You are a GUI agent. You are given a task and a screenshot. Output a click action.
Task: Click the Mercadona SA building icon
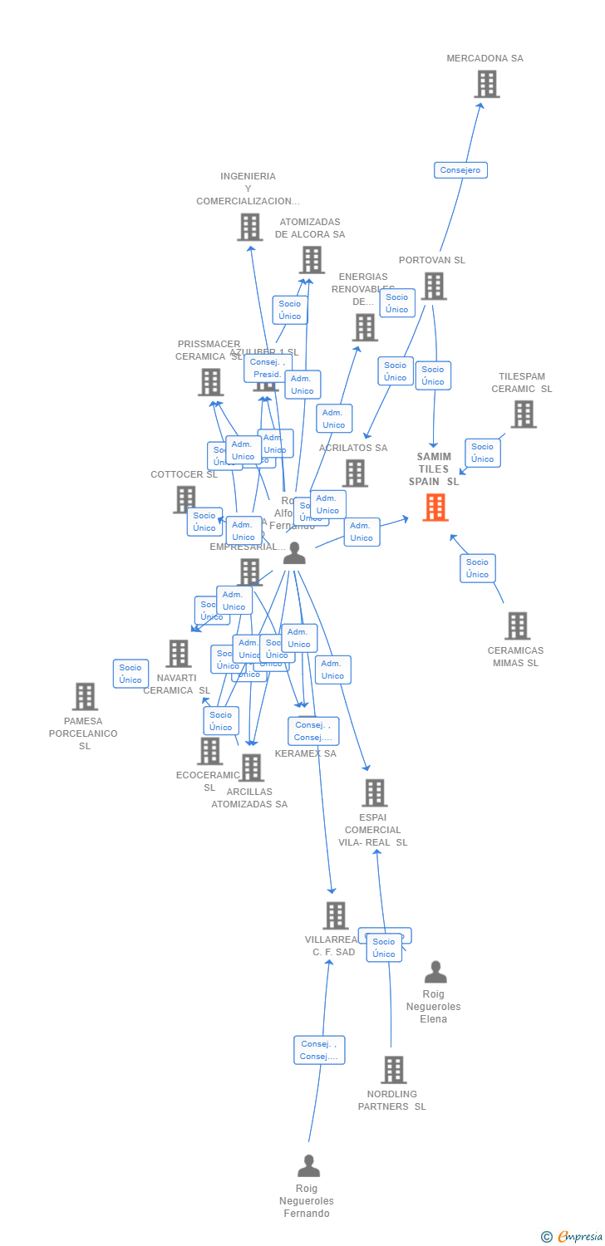tap(486, 84)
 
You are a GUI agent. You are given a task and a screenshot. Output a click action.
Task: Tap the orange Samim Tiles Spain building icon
tap(435, 507)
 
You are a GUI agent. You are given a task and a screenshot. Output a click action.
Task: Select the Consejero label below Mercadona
tap(460, 170)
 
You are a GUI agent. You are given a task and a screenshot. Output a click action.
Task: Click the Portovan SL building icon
tap(433, 286)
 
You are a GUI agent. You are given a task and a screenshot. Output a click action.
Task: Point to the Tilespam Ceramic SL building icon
tap(523, 414)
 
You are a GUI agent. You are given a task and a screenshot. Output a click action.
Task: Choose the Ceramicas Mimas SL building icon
tap(517, 625)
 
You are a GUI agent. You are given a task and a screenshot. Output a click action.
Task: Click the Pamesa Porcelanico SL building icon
tap(85, 696)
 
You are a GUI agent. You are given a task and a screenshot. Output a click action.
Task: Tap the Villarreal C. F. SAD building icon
tap(335, 915)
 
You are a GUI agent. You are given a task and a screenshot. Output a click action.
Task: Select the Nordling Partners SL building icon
tap(394, 1069)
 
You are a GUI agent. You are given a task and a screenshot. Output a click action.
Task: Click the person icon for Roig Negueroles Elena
tap(435, 972)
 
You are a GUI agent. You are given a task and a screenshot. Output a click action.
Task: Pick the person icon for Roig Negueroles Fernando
tap(308, 1166)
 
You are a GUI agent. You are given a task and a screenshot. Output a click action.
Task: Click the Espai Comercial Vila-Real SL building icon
tap(374, 792)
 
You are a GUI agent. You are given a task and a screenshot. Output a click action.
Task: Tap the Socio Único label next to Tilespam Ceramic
tap(482, 453)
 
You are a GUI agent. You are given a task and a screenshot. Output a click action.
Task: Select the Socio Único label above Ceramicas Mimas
tap(477, 568)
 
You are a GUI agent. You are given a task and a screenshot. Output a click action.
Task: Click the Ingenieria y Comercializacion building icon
tap(249, 227)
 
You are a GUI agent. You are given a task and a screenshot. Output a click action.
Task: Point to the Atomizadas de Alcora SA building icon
tap(312, 260)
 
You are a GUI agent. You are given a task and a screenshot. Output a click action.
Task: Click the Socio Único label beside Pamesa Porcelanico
tap(130, 674)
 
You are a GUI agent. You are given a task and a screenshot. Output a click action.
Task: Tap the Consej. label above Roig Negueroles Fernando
tap(318, 1050)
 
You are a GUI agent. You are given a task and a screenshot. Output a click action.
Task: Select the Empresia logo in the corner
tap(573, 1237)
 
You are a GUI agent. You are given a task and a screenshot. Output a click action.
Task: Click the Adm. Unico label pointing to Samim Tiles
tap(362, 532)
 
